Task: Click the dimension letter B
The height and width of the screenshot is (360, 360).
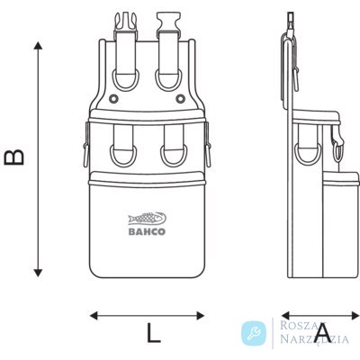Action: (13, 157)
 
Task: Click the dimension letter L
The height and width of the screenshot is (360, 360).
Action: (154, 333)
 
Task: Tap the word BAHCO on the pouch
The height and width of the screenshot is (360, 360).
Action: (147, 231)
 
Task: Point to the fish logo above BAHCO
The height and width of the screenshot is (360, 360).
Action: (147, 219)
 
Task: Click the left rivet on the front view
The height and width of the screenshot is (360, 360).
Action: (113, 98)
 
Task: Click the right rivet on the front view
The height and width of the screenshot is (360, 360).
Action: (180, 98)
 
